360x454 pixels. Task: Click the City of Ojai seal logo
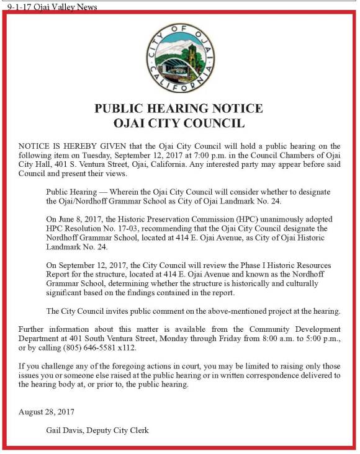coord(180,59)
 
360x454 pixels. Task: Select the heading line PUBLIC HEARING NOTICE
coord(179,109)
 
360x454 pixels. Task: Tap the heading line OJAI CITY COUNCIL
coord(179,123)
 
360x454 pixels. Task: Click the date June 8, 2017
coord(79,220)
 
